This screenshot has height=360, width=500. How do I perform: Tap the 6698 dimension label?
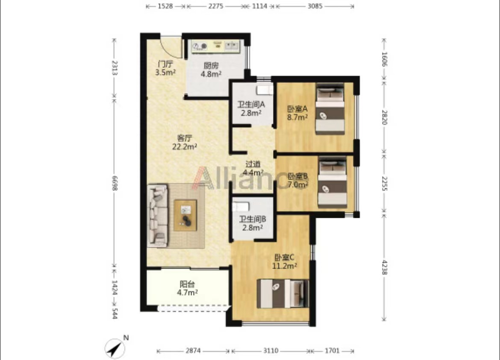[x=114, y=183]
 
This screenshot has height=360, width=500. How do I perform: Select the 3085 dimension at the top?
[x=315, y=6]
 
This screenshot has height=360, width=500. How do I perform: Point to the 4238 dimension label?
[x=384, y=267]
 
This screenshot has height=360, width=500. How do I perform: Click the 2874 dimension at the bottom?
[x=193, y=351]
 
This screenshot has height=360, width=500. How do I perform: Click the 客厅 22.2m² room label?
[x=185, y=142]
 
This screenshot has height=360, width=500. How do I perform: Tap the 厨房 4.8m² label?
[x=211, y=70]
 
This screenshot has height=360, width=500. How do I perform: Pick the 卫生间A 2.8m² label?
[x=251, y=108]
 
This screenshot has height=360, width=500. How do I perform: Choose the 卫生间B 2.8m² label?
[x=252, y=223]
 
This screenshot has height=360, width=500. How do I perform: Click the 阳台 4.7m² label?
[x=187, y=288]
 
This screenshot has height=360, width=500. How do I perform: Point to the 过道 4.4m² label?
[x=253, y=168]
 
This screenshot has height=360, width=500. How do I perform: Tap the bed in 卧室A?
[x=330, y=108]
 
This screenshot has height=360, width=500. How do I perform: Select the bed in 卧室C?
[x=283, y=293]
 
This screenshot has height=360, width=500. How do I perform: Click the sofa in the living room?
[x=158, y=216]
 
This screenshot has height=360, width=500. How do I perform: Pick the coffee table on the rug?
[x=185, y=215]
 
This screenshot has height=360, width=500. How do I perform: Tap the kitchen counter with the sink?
[x=215, y=47]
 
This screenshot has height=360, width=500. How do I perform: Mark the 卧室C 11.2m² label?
[x=285, y=261]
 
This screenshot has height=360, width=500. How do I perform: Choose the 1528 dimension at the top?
[x=165, y=6]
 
